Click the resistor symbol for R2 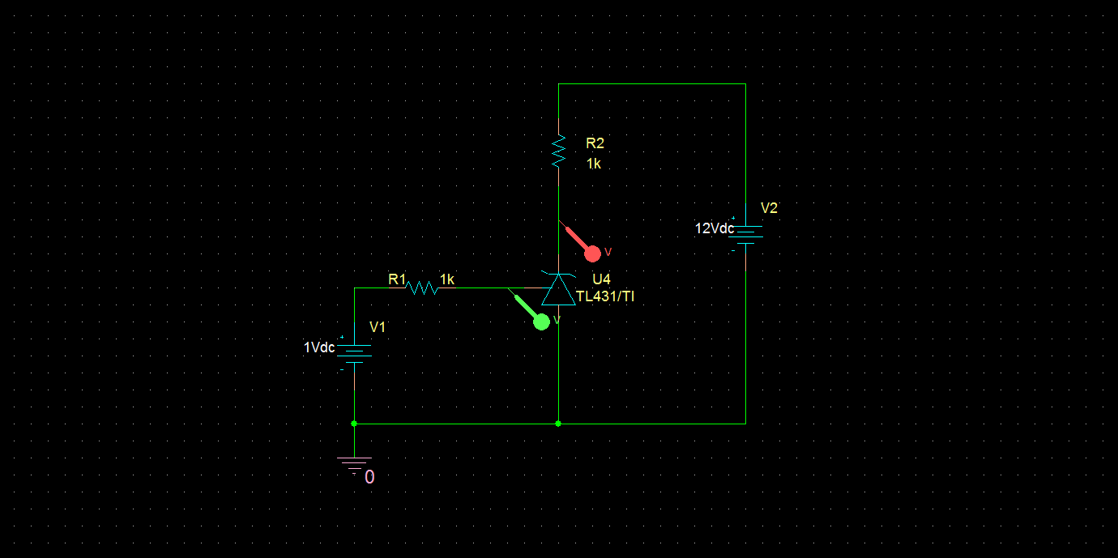coord(558,151)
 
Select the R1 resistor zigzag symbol coord(421,288)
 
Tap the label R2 coord(595,143)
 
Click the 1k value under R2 coord(594,164)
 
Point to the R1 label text coord(396,279)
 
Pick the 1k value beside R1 coord(446,279)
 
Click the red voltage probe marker coord(592,253)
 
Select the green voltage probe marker coord(541,321)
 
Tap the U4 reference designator coord(601,279)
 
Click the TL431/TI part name coord(605,297)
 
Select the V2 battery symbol coord(745,234)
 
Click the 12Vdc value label coord(714,228)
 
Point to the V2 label coord(769,208)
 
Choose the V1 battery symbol coord(354,352)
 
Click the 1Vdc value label coord(319,347)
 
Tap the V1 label coord(378,327)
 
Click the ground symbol coord(354,464)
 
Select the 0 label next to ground coord(369,478)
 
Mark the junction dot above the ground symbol coord(354,424)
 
